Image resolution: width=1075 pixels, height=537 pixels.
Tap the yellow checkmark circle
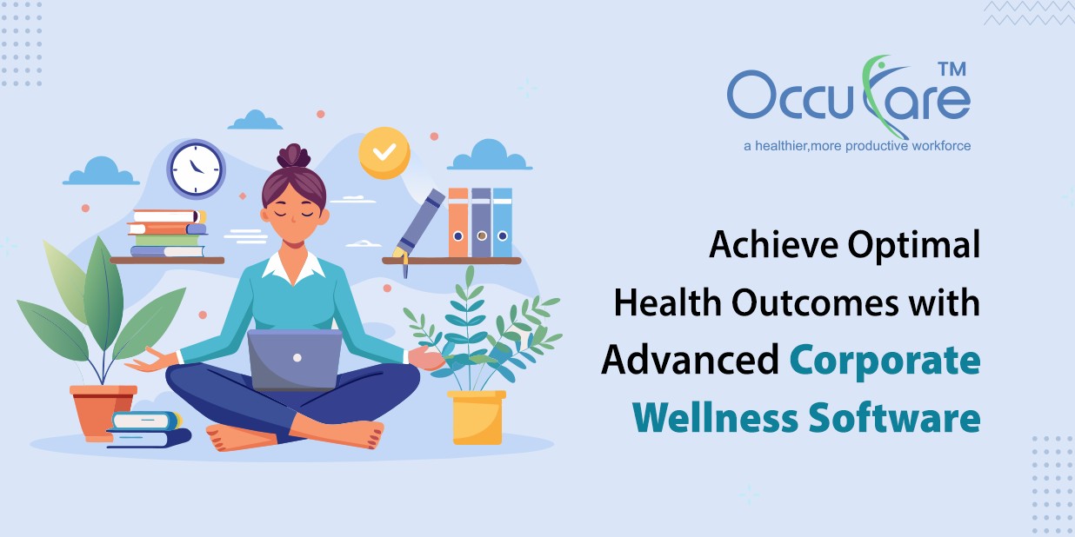click(x=384, y=153)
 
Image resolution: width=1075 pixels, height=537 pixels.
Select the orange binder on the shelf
click(x=458, y=222)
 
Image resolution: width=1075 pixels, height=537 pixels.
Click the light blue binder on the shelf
click(x=502, y=222)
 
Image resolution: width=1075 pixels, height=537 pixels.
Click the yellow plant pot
click(x=476, y=417)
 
